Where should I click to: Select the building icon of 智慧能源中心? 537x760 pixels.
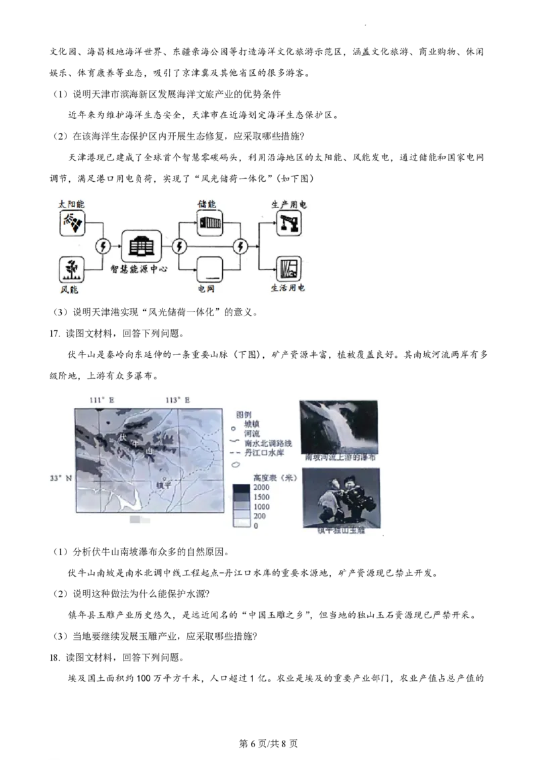(141, 246)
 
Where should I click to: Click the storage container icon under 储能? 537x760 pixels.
(209, 223)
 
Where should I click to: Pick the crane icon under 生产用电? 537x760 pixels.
(289, 223)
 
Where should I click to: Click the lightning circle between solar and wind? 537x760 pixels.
(103, 246)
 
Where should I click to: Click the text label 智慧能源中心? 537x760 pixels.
(139, 269)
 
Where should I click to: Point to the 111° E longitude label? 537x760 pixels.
(102, 400)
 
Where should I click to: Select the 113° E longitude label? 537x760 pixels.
(178, 400)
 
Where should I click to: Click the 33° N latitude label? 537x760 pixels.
(60, 478)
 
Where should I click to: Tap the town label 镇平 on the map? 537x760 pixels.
(163, 485)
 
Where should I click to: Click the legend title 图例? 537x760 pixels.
(244, 415)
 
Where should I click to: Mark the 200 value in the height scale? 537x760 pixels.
(260, 516)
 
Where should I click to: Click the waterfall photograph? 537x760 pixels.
(339, 427)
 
